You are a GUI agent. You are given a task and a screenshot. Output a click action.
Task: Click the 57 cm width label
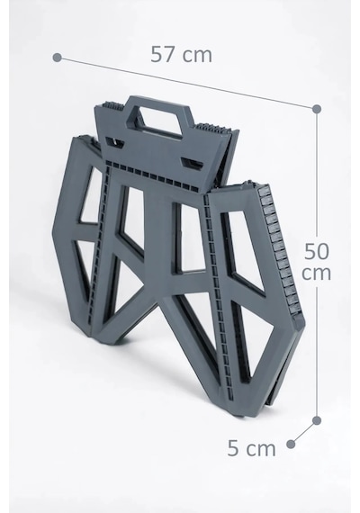[x=181, y=54]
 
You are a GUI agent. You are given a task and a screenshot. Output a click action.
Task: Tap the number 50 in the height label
[x=317, y=251]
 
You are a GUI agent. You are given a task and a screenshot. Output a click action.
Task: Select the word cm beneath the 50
[x=316, y=273]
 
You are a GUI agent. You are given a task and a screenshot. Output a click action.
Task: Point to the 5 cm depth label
[x=251, y=448]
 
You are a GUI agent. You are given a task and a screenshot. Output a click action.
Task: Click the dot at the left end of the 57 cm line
[x=57, y=58]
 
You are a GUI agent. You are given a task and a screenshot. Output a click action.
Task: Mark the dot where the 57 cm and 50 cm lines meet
[x=317, y=109]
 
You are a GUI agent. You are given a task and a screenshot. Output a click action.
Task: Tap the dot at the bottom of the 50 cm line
[x=317, y=420]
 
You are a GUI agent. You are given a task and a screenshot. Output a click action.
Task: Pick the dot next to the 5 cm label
[x=291, y=444]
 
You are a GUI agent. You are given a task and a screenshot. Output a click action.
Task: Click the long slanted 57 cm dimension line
[x=186, y=83]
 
